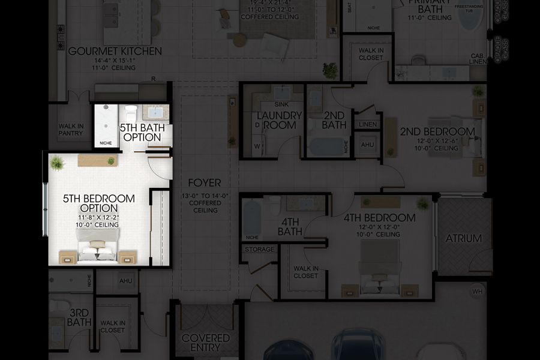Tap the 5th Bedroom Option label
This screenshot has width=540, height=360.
tap(98, 203)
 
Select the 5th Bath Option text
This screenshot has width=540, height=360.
tap(140, 133)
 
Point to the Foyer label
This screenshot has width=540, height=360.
tap(205, 183)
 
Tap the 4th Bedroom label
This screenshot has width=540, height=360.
tap(379, 218)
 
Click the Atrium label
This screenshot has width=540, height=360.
tap(463, 238)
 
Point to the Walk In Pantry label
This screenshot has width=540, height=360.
tap(71, 129)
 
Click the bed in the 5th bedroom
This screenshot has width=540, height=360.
tap(97, 246)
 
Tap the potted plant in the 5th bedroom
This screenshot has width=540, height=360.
tap(57, 163)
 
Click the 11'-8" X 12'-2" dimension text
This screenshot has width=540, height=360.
tap(98, 217)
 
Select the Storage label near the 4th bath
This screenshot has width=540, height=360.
tap(260, 249)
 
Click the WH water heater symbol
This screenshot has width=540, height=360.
tap(478, 292)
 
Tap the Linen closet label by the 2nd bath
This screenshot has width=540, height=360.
tap(368, 124)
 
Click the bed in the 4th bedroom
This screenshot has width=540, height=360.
tap(380, 270)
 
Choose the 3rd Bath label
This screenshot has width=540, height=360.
tap(79, 317)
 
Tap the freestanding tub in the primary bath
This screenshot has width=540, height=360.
tap(470, 18)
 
